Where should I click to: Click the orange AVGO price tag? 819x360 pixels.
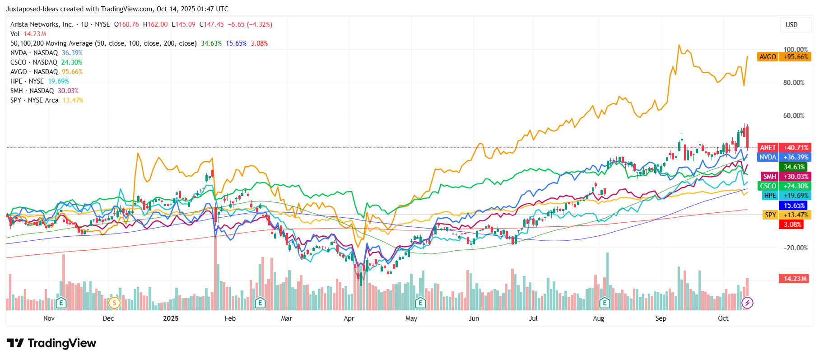(784, 57)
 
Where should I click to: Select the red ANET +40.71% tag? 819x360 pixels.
(784, 148)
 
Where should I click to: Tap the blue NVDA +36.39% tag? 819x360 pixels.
(784, 157)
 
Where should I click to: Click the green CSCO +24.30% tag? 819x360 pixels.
(784, 186)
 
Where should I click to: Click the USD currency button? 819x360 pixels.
(791, 25)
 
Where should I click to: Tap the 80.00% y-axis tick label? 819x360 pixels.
(793, 83)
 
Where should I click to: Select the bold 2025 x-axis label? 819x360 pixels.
(171, 318)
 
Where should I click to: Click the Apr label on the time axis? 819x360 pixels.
(349, 318)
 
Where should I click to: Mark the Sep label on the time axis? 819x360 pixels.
(661, 318)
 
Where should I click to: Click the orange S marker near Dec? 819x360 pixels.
(114, 303)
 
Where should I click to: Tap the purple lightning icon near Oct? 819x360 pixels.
(747, 303)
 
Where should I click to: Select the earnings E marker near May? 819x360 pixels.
(420, 303)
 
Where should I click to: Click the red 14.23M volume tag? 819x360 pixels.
(795, 279)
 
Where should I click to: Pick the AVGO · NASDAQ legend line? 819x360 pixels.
(46, 72)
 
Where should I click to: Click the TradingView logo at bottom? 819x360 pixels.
(51, 343)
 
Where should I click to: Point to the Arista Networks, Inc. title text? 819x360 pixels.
(42, 24)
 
